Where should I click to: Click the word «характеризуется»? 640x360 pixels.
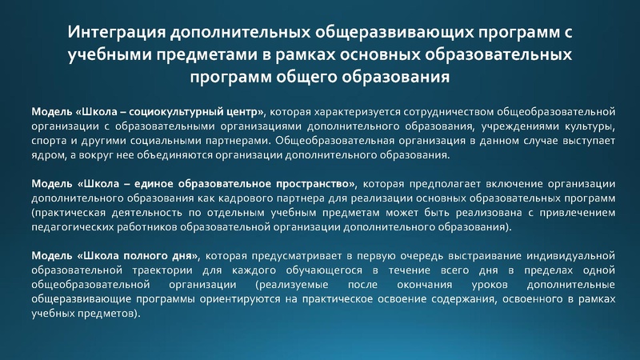point(344,110)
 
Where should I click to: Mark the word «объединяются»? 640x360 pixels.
point(188,155)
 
